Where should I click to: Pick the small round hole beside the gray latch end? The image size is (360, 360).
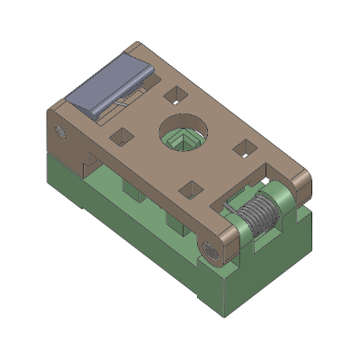[61, 132]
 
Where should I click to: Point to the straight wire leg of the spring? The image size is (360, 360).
[236, 207]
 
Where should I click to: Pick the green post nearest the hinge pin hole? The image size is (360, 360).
[172, 220]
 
